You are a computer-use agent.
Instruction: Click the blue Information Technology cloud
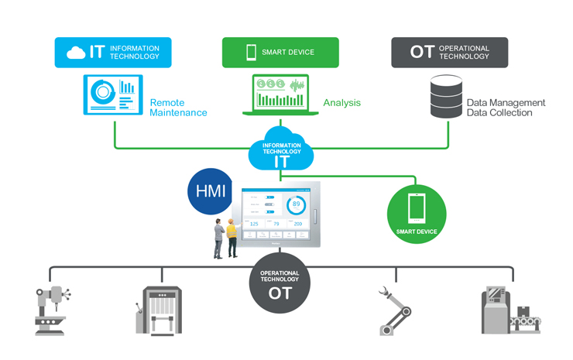[x=281, y=150]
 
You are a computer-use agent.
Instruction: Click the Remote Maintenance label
[x=178, y=108]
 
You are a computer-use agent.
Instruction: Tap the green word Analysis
[x=341, y=102]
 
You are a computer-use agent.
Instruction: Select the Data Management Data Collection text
[x=506, y=108]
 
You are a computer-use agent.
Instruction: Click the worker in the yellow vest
[x=231, y=236]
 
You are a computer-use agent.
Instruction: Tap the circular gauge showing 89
[x=296, y=205]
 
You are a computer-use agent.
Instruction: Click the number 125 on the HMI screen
[x=254, y=224]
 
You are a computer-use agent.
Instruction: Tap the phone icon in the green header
[x=251, y=52]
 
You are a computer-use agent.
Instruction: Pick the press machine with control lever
[x=161, y=310]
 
